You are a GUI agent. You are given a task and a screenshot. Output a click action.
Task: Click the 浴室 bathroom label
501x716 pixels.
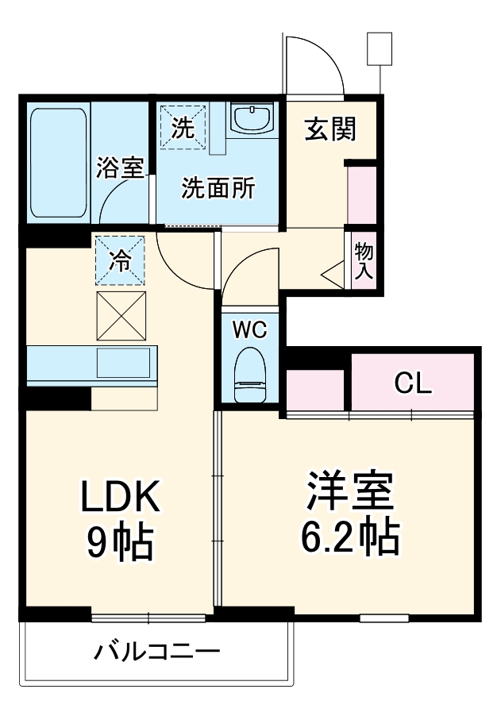coord(121,167)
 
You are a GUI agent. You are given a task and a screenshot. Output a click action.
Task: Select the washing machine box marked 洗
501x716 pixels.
coord(183,126)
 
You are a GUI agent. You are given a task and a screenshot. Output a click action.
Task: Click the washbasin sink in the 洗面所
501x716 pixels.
coord(252,119)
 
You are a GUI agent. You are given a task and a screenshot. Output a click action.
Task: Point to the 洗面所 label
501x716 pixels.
coord(218,188)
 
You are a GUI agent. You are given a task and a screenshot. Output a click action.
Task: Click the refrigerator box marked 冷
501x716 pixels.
coord(121,260)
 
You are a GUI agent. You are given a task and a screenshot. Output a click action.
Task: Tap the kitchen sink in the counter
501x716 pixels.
coord(123,364)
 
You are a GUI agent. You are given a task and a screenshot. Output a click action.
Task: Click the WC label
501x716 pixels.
coord(249,328)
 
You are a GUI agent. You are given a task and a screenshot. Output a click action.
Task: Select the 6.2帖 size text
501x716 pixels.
coord(349,538)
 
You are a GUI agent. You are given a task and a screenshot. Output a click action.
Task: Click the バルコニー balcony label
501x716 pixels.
coord(156,652)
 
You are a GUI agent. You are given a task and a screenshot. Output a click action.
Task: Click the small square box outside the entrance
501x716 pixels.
coord(380,48)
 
